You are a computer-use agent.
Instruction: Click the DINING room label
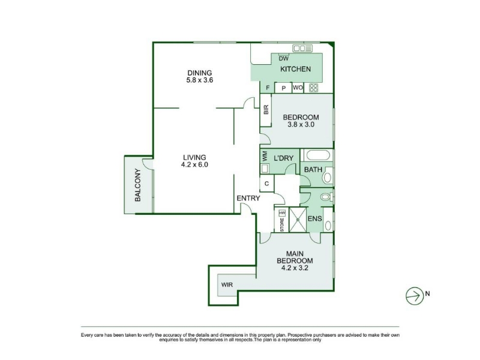200,73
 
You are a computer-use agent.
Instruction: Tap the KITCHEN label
295,69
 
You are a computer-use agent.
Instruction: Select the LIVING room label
194,157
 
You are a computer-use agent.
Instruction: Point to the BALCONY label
138,185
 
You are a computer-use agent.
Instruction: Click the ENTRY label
248,198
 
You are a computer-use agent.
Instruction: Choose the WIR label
227,284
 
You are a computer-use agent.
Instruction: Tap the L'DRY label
283,158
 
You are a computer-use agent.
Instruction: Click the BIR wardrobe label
266,110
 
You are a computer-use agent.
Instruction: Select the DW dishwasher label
283,58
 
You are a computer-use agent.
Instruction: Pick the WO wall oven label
298,88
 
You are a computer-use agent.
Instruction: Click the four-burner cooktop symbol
313,88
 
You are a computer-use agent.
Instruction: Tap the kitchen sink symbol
302,48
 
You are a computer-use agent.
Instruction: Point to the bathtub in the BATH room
318,155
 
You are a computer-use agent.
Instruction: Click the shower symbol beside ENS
298,220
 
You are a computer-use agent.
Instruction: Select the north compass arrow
415,296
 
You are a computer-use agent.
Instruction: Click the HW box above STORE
282,212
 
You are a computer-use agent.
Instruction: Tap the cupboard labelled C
266,184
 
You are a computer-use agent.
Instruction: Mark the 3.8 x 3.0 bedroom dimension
301,125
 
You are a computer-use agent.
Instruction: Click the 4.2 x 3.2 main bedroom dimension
295,268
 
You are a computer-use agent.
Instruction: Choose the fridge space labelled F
268,88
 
